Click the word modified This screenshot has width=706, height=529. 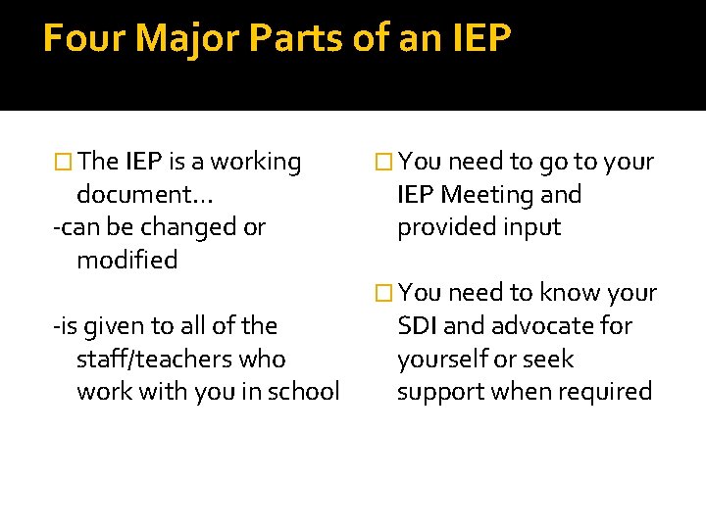click(x=126, y=261)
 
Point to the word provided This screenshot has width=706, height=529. click(x=441, y=227)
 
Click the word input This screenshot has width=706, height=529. click(x=528, y=227)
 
